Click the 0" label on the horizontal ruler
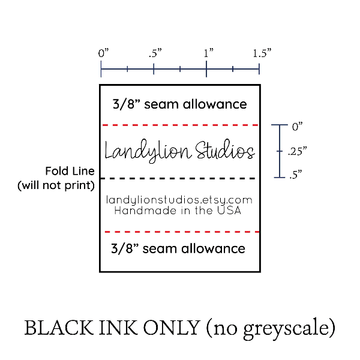(103, 53)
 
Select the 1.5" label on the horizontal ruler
(262, 53)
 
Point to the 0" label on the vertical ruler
(298, 127)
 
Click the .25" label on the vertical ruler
(297, 152)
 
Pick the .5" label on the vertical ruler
(295, 175)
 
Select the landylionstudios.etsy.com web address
(179, 200)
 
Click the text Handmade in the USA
(178, 211)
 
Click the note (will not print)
(56, 185)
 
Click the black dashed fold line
(179, 179)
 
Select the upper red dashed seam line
(179, 125)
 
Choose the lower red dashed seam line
(179, 232)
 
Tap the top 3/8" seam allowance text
(179, 104)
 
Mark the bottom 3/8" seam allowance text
(179, 248)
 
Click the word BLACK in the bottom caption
(54, 328)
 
